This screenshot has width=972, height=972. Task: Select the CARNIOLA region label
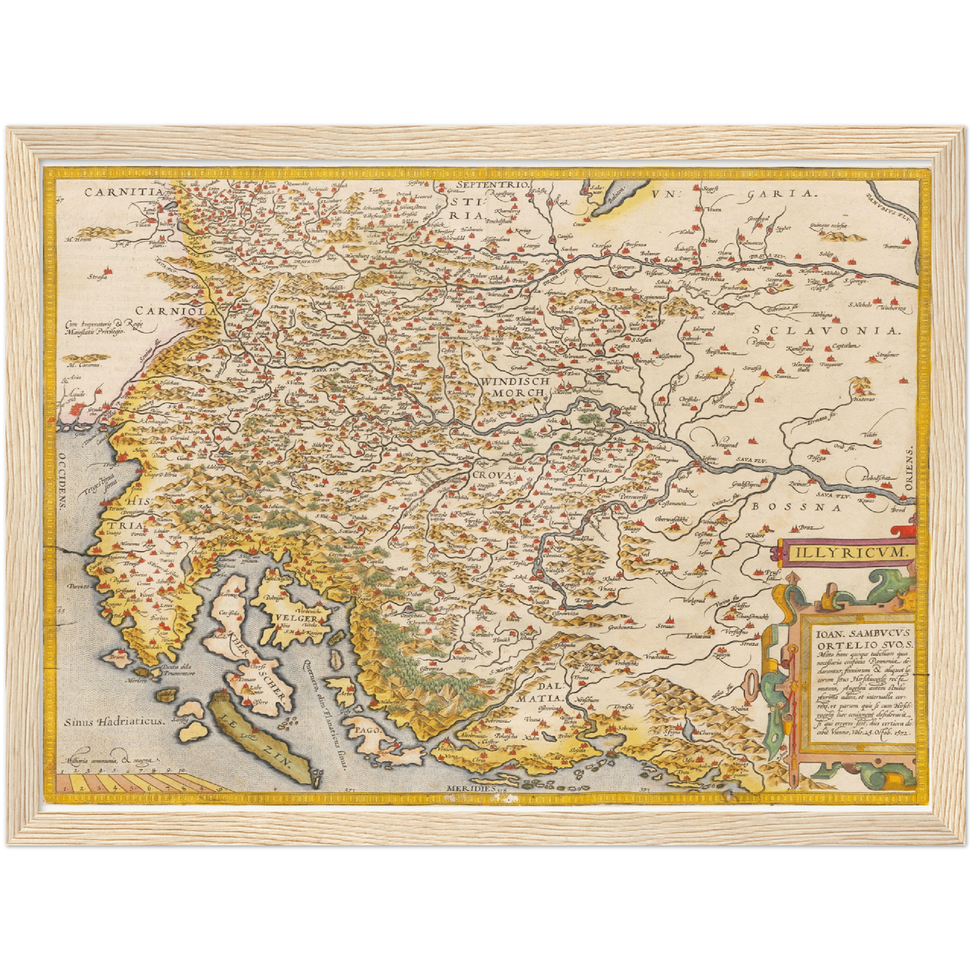click(x=176, y=311)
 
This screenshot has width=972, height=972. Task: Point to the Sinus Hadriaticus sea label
click(x=114, y=720)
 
